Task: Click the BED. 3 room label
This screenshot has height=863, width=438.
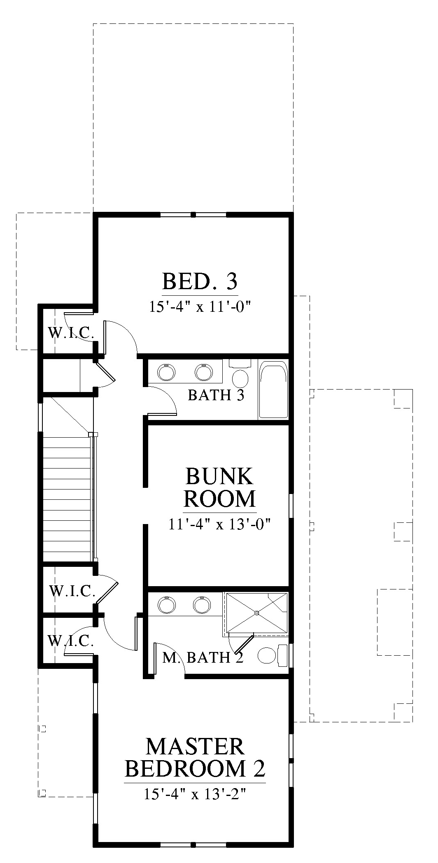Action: coord(200,282)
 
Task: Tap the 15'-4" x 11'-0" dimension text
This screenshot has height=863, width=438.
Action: coord(200,307)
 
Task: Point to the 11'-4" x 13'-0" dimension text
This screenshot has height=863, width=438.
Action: coord(219,524)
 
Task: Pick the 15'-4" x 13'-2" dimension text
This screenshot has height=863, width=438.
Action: coord(195,793)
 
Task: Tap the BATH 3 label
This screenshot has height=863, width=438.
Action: coord(216,395)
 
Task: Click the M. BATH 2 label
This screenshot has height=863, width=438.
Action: coord(203,658)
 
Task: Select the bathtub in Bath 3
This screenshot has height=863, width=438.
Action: coord(273,390)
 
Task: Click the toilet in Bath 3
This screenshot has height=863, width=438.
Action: coord(240,372)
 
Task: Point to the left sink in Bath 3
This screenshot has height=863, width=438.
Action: coord(166,372)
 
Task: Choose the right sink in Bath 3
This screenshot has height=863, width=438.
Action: coord(203,372)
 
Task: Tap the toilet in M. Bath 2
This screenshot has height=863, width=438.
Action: coord(273,656)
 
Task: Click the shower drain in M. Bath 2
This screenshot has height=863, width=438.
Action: coord(256,613)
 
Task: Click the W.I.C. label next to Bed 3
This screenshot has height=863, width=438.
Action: coord(70,332)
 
